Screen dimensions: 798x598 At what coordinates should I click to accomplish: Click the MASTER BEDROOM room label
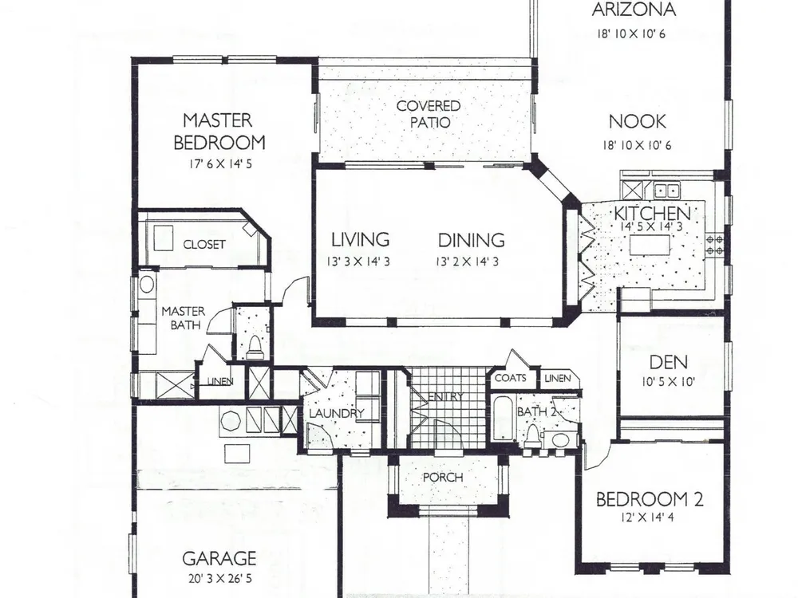tap(219, 132)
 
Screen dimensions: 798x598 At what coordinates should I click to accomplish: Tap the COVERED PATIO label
tap(429, 114)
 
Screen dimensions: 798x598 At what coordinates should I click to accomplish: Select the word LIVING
tap(361, 239)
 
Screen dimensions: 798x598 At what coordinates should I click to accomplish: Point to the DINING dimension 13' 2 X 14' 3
tap(467, 262)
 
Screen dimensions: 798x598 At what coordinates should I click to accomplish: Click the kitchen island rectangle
tap(650, 246)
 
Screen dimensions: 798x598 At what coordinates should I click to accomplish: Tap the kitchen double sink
tap(666, 191)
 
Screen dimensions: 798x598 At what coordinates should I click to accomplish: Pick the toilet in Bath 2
tap(533, 437)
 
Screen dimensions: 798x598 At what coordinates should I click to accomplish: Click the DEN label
tap(669, 362)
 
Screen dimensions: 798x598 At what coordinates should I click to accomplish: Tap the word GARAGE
tap(219, 559)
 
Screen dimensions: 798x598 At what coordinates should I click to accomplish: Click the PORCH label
tap(443, 478)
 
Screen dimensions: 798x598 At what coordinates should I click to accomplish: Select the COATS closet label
tap(511, 378)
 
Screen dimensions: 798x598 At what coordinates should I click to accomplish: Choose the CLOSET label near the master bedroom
tap(204, 245)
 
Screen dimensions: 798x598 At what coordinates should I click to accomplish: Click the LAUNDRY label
tap(337, 413)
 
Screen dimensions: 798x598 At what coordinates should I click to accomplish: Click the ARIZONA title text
tap(634, 10)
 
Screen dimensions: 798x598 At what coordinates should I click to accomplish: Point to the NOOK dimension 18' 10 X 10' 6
tap(637, 145)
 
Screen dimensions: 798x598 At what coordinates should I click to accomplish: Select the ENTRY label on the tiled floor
tap(446, 396)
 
